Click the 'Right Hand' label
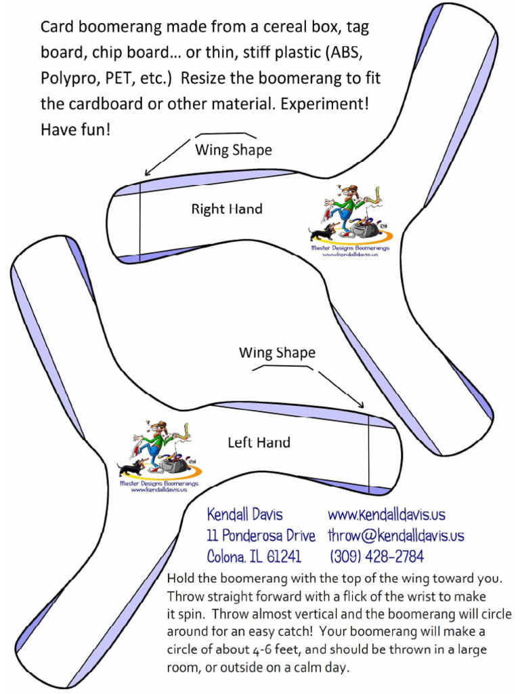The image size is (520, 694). pyautogui.click(x=226, y=209)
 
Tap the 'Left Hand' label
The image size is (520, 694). pyautogui.click(x=259, y=443)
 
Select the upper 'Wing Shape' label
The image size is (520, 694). pyautogui.click(x=234, y=150)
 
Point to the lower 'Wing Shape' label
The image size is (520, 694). pyautogui.click(x=277, y=352)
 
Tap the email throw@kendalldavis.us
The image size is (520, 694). pyautogui.click(x=396, y=535)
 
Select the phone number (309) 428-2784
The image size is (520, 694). pyautogui.click(x=376, y=557)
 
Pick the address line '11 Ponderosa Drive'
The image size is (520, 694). pyautogui.click(x=261, y=535)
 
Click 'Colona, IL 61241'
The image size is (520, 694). pyautogui.click(x=254, y=557)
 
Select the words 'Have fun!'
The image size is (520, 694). pyautogui.click(x=75, y=129)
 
